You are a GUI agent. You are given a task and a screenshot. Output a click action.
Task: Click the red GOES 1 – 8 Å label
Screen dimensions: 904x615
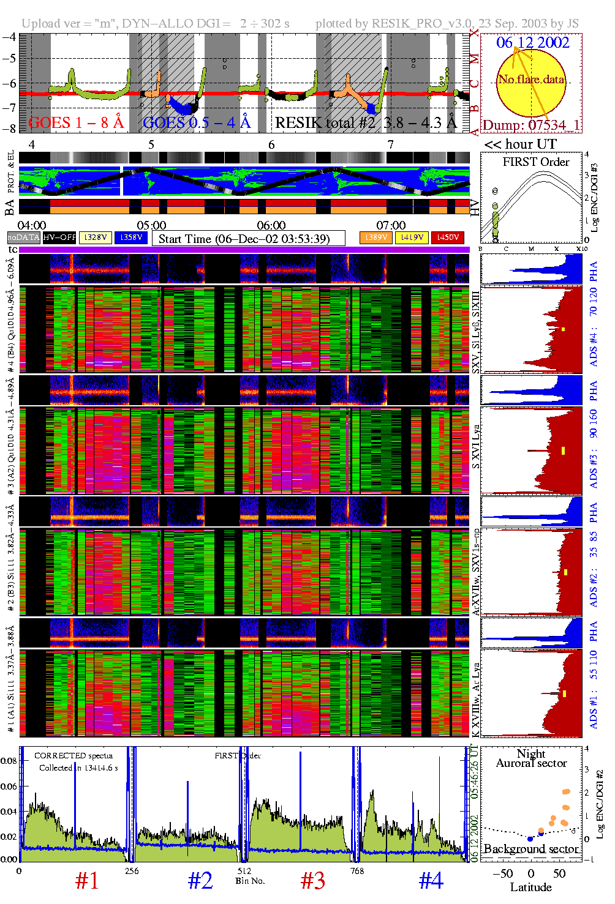click(x=76, y=122)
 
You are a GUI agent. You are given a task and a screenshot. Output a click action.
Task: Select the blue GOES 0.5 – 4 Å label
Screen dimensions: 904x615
click(x=197, y=122)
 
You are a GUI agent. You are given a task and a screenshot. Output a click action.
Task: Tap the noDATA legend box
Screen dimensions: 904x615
click(x=24, y=237)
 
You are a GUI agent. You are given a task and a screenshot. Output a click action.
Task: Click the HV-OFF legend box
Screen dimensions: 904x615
click(x=59, y=237)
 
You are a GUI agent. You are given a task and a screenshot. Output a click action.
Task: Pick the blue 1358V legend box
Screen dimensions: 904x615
click(x=130, y=237)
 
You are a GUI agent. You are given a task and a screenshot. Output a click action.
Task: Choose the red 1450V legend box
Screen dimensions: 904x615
click(x=448, y=237)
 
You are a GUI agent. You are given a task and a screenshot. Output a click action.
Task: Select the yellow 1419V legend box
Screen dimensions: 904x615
click(x=412, y=237)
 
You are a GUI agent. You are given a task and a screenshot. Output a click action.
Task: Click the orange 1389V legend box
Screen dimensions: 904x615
click(x=375, y=237)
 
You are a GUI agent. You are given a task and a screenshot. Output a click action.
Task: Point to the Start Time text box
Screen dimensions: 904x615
click(x=248, y=238)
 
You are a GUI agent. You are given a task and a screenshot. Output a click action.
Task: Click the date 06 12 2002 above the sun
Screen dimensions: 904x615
click(x=532, y=42)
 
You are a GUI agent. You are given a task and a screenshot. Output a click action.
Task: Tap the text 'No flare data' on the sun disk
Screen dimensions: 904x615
click(x=531, y=79)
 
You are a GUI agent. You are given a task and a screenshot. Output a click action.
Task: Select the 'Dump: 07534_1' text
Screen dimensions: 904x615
click(x=531, y=125)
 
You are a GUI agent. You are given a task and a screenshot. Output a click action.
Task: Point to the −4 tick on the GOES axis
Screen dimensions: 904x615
click(x=9, y=36)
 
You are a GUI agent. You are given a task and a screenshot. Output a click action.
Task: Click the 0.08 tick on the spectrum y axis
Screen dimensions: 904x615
click(x=9, y=761)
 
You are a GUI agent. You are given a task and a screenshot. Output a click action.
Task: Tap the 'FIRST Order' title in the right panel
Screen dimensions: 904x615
click(x=536, y=162)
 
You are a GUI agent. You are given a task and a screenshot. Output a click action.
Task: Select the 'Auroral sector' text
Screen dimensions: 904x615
click(x=531, y=763)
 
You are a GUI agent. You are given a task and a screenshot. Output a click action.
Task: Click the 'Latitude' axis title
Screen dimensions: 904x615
click(x=530, y=887)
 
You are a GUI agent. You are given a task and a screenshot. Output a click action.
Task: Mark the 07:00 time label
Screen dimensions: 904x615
click(x=391, y=225)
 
